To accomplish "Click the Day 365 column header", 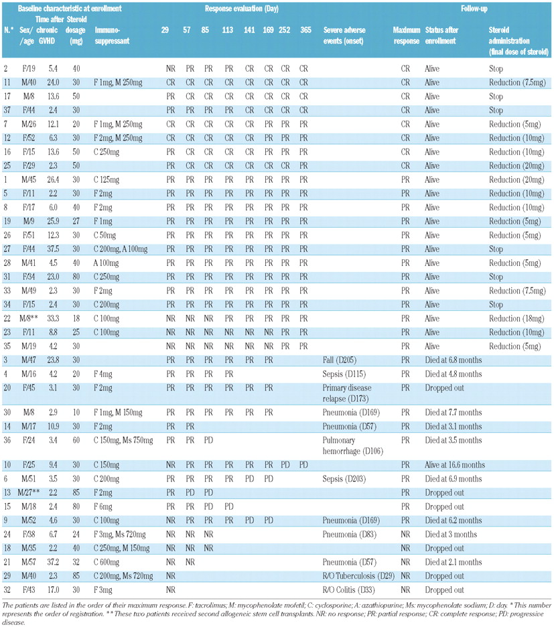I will point(305,31).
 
